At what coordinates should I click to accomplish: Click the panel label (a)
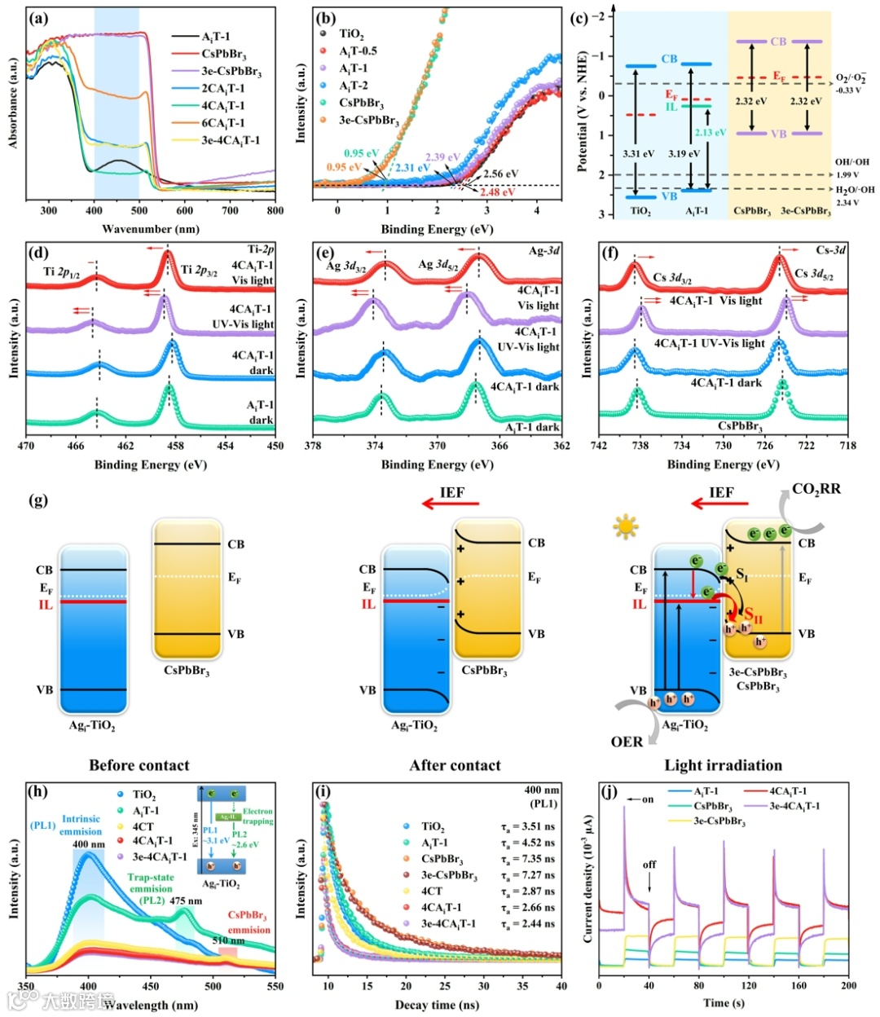[x=37, y=17]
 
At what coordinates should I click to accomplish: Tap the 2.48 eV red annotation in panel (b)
[x=497, y=192]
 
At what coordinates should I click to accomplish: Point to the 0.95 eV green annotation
[x=361, y=153]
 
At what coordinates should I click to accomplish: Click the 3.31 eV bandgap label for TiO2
[x=638, y=153]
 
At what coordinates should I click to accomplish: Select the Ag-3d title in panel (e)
[x=544, y=250]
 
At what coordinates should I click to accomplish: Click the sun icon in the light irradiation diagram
[x=626, y=527]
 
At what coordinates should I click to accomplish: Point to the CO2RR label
[x=816, y=489]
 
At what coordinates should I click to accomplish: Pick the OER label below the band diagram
[x=627, y=742]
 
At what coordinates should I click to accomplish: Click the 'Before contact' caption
[x=139, y=765]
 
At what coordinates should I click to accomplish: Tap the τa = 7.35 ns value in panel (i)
[x=528, y=859]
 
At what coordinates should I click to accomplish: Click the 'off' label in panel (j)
[x=649, y=865]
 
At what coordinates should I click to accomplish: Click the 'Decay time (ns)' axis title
[x=437, y=1005]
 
